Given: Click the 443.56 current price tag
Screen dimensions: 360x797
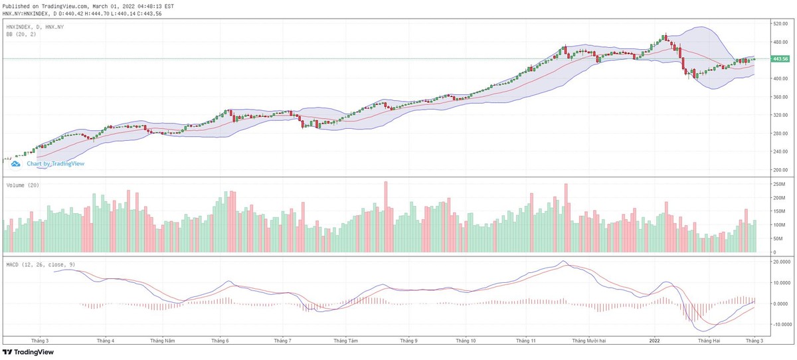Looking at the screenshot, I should [x=780, y=59].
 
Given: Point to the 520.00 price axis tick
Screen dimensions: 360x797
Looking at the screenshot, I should [x=779, y=23].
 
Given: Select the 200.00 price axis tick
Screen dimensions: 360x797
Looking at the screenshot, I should [x=779, y=170].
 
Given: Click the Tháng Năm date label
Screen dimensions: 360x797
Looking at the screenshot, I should [x=162, y=341].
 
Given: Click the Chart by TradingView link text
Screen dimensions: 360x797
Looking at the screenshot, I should [x=55, y=163].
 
